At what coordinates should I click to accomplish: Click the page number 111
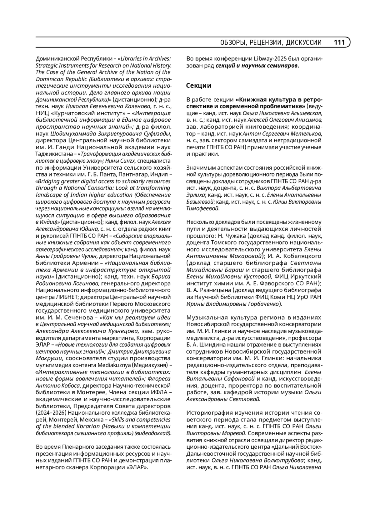(339, 43)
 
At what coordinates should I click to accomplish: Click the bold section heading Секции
(199, 85)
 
